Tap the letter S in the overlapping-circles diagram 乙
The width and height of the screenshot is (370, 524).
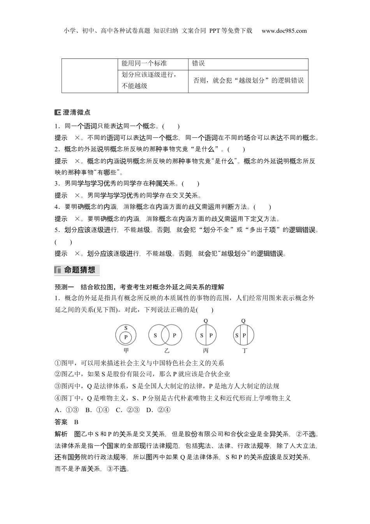pos(155,335)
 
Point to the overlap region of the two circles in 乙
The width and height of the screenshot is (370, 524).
pos(165,335)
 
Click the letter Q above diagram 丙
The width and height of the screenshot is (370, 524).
pos(206,321)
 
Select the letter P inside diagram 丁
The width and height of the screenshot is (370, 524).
pos(244,335)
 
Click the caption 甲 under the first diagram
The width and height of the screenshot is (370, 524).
pos(126,351)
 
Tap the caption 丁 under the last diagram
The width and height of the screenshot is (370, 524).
pos(244,351)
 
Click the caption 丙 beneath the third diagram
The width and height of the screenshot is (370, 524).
pos(206,351)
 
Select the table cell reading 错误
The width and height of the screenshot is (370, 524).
pos(199,64)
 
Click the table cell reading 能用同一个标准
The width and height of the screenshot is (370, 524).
pos(144,64)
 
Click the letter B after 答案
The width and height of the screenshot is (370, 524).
pos(76,422)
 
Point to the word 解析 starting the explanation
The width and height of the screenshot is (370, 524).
pos(61,434)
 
